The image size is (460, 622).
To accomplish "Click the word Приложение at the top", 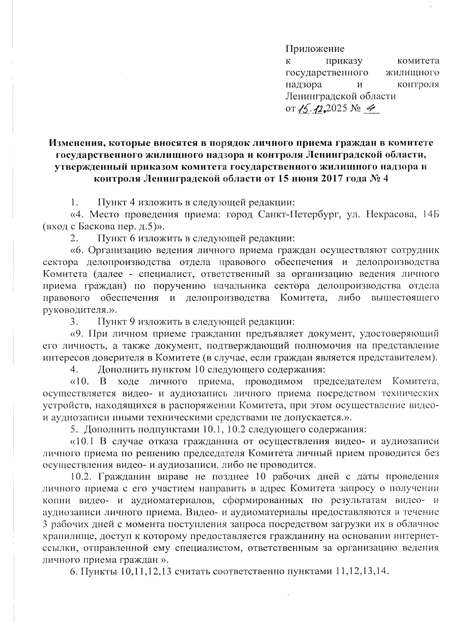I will tap(315, 49).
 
